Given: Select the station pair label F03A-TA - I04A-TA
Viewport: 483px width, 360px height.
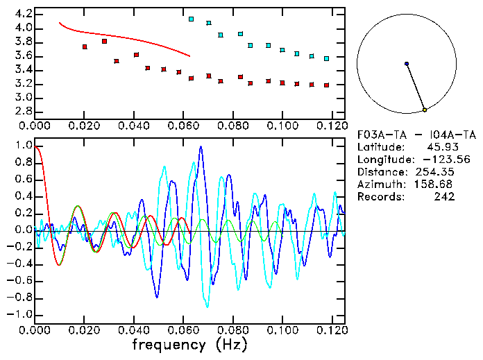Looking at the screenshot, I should [416, 135].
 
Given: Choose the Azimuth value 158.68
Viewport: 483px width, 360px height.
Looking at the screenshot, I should [435, 185].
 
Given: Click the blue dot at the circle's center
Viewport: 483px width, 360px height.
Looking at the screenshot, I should [407, 64].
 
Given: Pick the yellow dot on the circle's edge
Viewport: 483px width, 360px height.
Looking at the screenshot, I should [425, 110].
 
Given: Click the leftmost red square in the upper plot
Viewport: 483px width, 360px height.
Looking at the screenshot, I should [85, 46].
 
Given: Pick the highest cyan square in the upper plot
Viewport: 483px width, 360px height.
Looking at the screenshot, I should [192, 19].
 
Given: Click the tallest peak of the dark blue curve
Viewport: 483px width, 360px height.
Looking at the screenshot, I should [201, 147].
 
